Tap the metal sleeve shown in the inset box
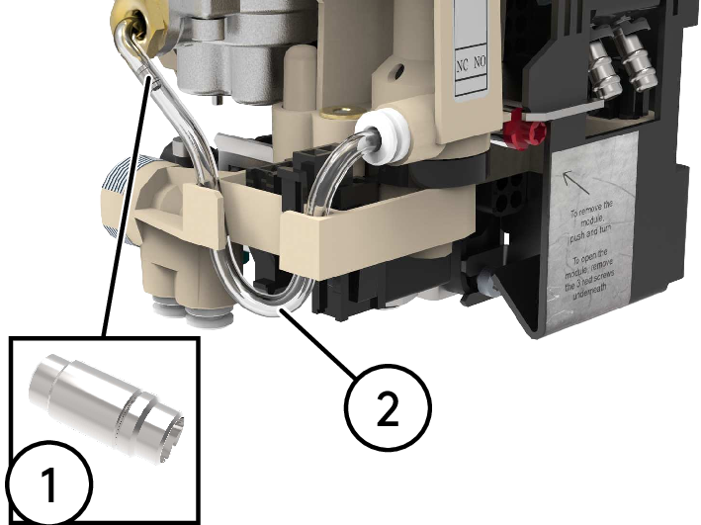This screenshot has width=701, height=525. coord(108,405)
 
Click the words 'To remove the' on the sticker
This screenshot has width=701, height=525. coord(592,212)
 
